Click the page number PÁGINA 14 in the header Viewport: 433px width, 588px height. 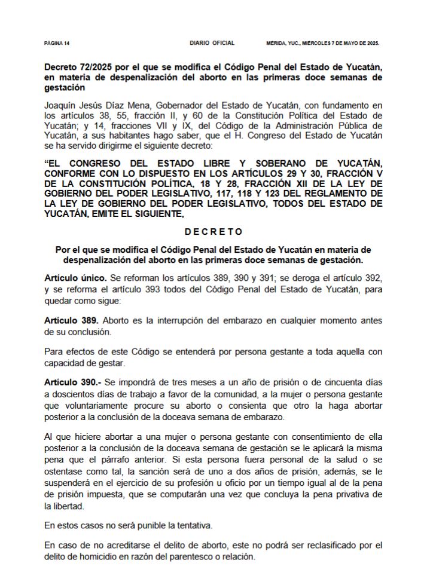click(57, 44)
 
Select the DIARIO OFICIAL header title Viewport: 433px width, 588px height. click(212, 43)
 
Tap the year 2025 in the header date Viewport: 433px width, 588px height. click(372, 44)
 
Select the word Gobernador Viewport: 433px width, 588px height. click(171, 105)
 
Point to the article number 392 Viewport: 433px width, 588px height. click(371, 278)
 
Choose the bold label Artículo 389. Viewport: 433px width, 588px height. click(74, 320)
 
